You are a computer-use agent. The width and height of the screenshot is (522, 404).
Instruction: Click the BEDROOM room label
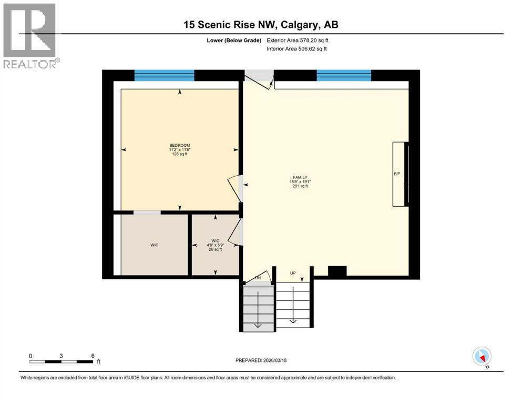point(180,145)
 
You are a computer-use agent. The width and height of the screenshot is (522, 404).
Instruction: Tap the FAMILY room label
point(300,177)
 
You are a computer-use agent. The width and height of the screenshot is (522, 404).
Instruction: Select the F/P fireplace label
point(397,173)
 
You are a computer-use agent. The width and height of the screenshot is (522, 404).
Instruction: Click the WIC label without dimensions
point(155,245)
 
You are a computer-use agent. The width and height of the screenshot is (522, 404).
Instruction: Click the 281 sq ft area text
point(300,186)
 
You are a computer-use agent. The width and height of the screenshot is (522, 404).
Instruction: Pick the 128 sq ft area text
point(180,154)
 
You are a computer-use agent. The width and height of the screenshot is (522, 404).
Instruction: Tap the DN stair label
point(258,277)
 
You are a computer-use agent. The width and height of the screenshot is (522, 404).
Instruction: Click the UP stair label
point(293,273)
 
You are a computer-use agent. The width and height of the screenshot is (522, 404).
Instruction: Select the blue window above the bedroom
point(164,76)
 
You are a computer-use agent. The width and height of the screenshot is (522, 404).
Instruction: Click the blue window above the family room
point(344,76)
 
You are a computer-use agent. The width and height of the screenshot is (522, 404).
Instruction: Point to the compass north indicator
point(482,357)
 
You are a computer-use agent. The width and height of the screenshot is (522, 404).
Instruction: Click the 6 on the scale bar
point(93,356)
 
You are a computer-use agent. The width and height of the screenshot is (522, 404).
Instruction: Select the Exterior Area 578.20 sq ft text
point(299,40)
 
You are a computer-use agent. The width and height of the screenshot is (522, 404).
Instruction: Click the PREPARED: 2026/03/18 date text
point(261,360)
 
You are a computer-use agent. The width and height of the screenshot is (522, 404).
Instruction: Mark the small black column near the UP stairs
point(337,271)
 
